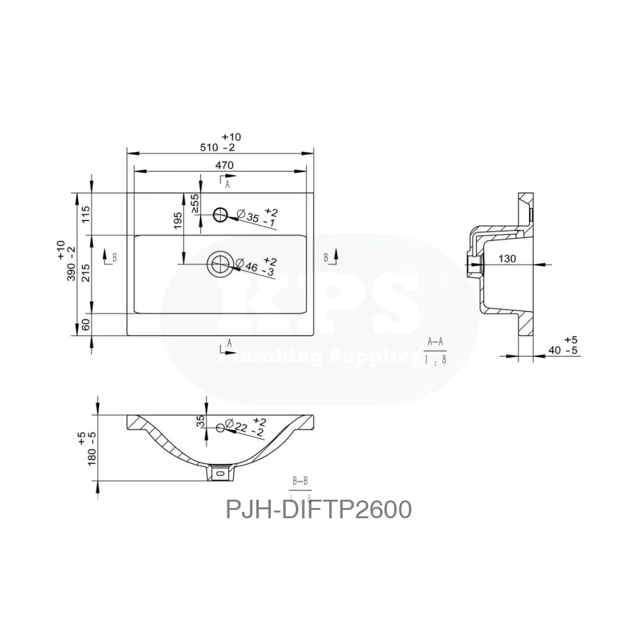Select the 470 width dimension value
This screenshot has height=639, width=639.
tap(224, 165)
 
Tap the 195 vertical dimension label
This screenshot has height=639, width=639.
tap(178, 220)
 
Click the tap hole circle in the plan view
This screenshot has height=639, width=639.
tap(221, 215)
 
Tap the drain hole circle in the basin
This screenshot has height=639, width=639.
tap(220, 263)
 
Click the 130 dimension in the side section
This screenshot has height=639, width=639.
tap(507, 259)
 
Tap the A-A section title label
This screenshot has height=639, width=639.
tap(435, 342)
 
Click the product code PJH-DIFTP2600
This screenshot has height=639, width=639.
tap(318, 509)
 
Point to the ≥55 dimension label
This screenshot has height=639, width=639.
tap(196, 203)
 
